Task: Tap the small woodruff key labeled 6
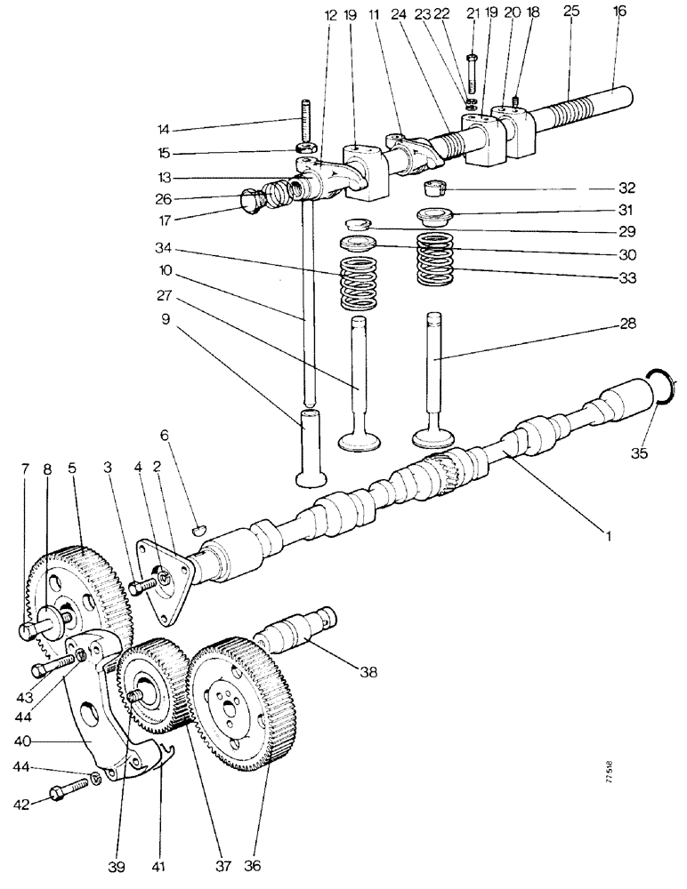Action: (198, 530)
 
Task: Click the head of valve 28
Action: (435, 438)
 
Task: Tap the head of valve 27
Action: (359, 440)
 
